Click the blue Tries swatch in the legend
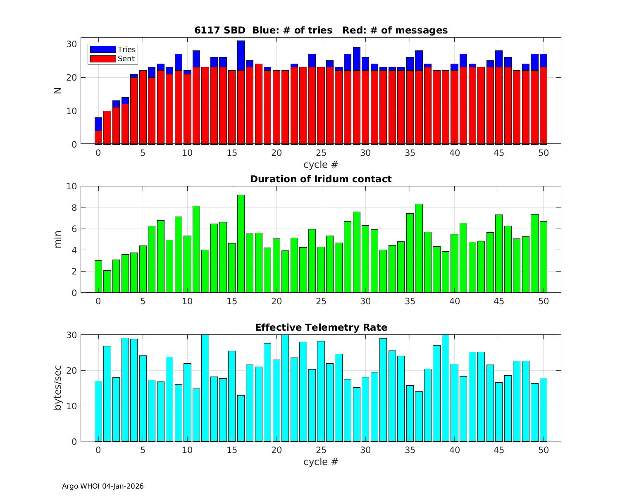[103, 50]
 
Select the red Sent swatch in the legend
[103, 59]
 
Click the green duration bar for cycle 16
[241, 244]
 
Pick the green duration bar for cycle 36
[419, 248]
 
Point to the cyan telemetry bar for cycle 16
[241, 418]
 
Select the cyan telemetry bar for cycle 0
[98, 411]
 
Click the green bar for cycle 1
[107, 281]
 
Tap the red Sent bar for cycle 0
[98, 138]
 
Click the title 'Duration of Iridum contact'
[321, 179]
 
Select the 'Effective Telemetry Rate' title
[321, 327]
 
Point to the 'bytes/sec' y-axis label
[58, 388]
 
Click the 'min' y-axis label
[58, 239]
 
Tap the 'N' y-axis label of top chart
[58, 90]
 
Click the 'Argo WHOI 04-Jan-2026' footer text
[103, 486]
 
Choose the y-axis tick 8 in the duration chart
[74, 207]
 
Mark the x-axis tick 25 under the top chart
[321, 153]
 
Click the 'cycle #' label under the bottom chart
[321, 462]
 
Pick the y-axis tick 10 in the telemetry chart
[72, 406]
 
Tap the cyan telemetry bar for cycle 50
[543, 410]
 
